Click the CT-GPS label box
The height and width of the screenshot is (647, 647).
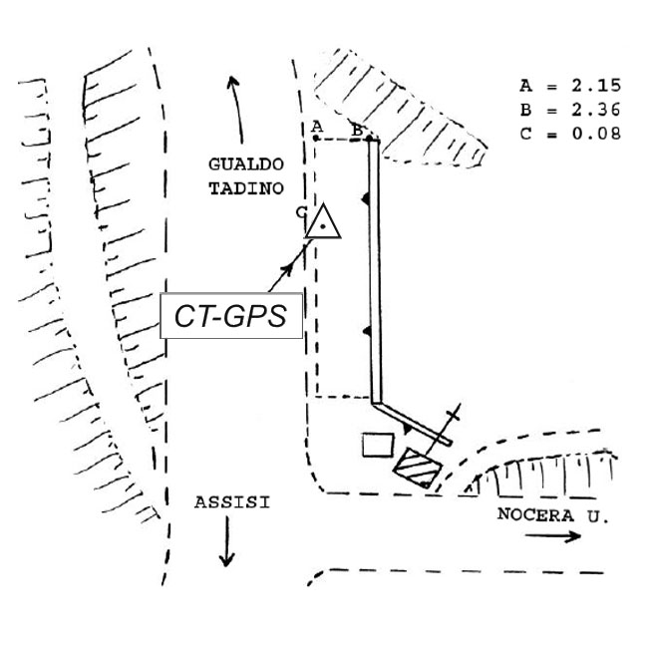click(231, 316)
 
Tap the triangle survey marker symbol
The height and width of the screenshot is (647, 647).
click(323, 223)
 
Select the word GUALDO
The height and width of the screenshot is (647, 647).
click(246, 163)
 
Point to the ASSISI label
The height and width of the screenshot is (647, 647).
click(230, 502)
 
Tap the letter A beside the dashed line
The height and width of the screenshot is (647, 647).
click(316, 126)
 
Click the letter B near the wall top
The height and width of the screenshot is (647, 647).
click(356, 129)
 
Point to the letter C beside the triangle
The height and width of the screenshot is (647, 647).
click(301, 211)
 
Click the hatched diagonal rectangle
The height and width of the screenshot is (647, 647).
click(417, 467)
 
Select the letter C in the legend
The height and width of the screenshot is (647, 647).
click(525, 132)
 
